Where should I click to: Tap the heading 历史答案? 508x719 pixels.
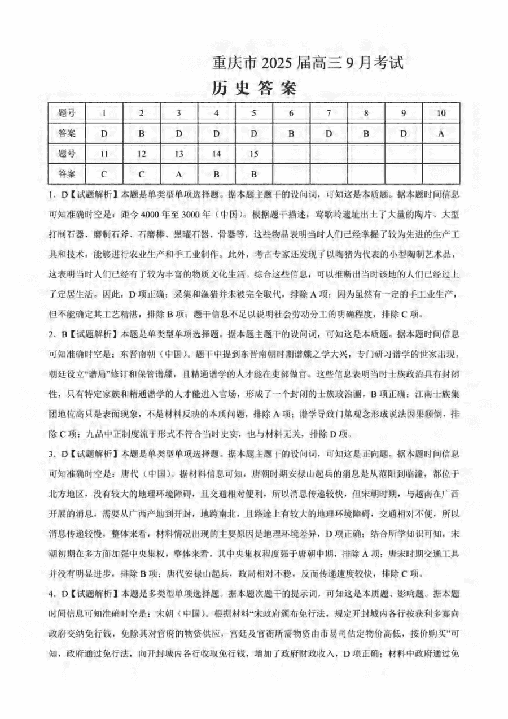click(x=253, y=89)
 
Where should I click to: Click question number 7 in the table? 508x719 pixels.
click(x=329, y=113)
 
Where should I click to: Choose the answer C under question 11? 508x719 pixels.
click(x=104, y=173)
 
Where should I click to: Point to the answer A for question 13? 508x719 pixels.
click(x=179, y=173)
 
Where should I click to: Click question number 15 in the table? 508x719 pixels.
click(x=253, y=153)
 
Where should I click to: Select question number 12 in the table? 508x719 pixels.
click(x=141, y=153)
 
